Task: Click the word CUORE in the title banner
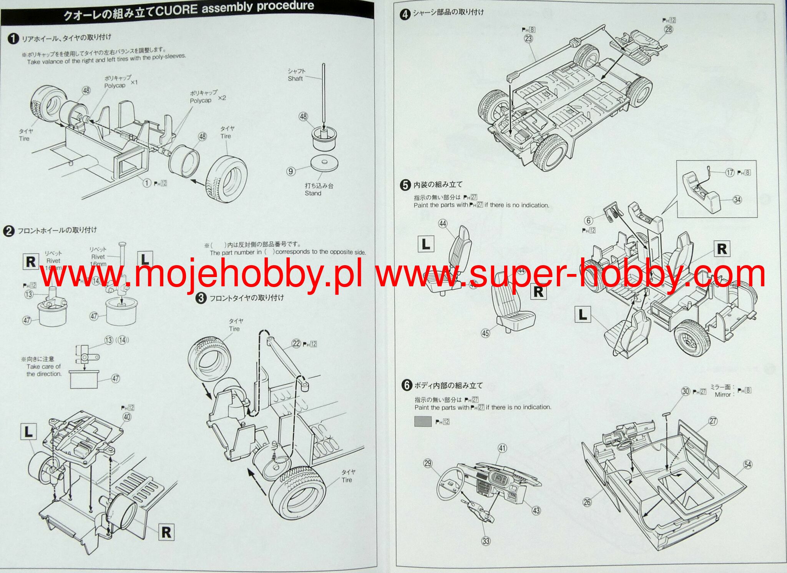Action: coord(177,10)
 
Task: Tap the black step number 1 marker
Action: coord(13,39)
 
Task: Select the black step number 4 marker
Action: coord(405,15)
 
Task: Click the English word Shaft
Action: coord(295,79)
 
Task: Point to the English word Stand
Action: coord(313,193)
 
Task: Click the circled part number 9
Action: coord(291,171)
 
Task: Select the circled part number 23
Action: coord(528,38)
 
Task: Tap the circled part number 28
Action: coord(669,30)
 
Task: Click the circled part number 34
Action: coord(737,200)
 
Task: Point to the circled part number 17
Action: coord(730,173)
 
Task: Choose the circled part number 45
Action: coord(485,333)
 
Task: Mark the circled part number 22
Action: coord(296,344)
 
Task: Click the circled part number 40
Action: coord(127,417)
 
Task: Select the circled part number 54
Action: coord(747,464)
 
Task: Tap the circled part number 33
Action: coord(486,541)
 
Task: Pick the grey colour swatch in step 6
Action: coord(423,421)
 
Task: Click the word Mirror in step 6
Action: coord(722,395)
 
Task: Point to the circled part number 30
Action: coord(686,391)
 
